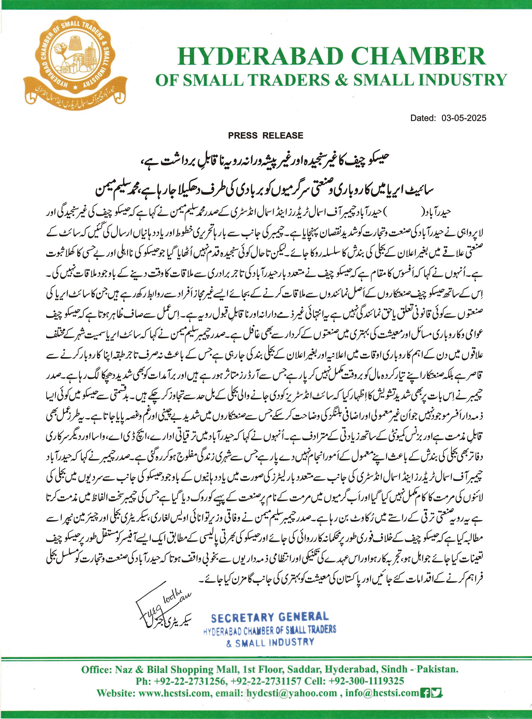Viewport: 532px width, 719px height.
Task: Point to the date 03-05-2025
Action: coord(464,118)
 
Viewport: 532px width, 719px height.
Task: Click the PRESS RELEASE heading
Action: coord(266,135)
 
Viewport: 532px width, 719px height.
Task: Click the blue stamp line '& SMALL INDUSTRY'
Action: coord(270,643)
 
